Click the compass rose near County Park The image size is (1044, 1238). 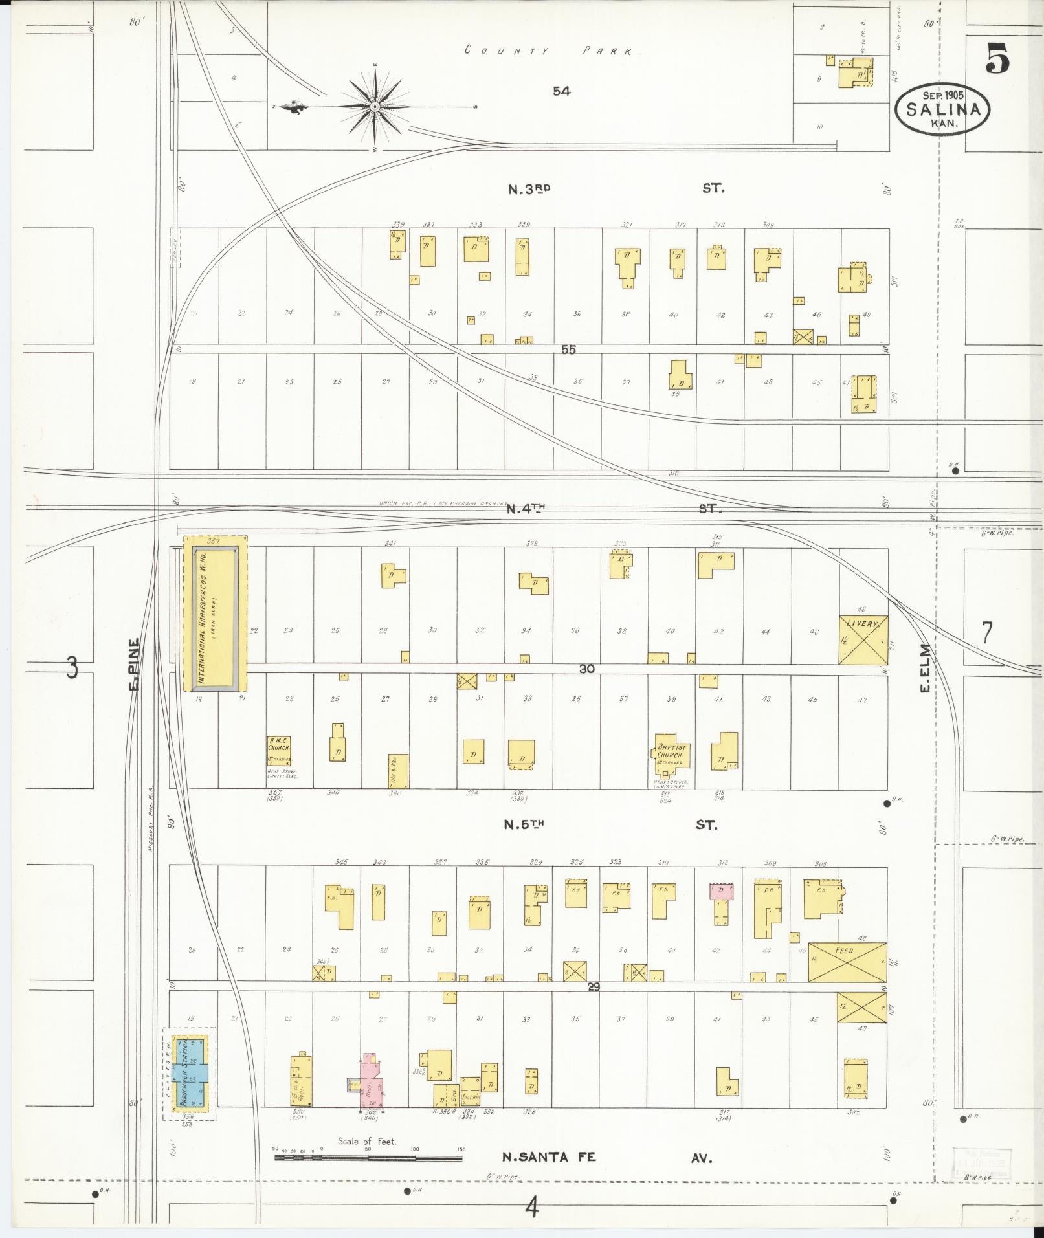click(375, 107)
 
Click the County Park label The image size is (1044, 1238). click(551, 51)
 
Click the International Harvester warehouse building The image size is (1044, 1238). click(215, 612)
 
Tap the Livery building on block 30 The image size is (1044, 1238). click(863, 639)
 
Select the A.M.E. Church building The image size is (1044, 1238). click(279, 751)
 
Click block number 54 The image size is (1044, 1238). click(561, 92)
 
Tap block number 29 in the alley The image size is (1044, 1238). click(594, 988)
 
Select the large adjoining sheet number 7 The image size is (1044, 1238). click(986, 632)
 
